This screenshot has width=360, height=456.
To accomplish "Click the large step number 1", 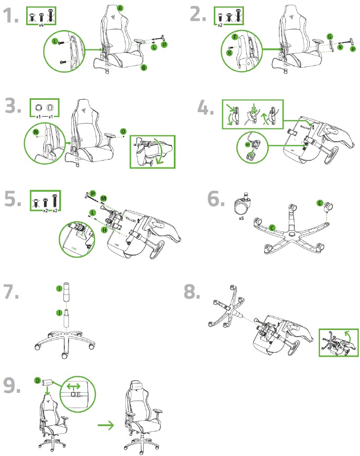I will (10, 16).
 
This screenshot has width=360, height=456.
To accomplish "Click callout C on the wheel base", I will (272, 227).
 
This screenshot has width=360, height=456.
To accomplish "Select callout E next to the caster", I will (320, 203).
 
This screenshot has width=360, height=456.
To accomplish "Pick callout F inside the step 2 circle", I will (235, 37).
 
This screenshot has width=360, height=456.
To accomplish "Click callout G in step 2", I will (329, 36).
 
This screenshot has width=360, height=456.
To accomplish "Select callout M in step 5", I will (103, 198).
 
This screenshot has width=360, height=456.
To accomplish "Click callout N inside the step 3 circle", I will (35, 132).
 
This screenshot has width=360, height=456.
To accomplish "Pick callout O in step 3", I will (122, 131).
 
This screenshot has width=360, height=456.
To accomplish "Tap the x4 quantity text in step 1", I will (42, 24).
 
